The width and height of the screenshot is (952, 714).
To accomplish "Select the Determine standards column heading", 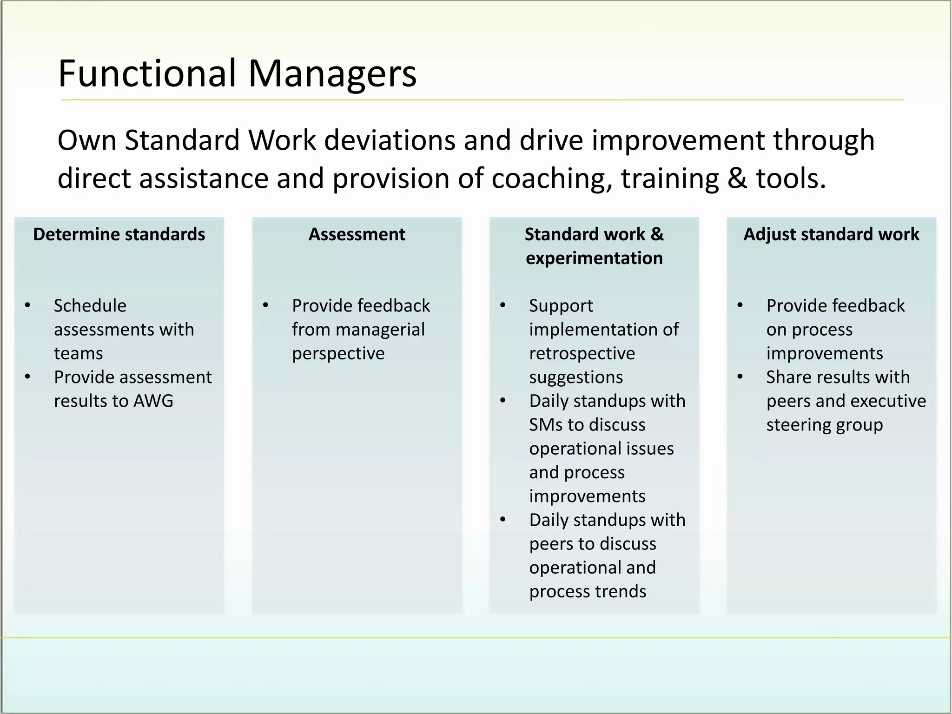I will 119,234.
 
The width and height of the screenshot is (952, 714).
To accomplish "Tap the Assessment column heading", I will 357,234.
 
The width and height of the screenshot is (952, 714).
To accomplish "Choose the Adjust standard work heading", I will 831,234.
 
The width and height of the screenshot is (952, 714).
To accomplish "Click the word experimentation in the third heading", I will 594,258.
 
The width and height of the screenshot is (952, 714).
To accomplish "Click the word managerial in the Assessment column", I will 380,330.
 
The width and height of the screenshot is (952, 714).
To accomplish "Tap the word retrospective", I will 582,353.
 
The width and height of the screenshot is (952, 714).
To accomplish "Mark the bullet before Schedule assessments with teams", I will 27,305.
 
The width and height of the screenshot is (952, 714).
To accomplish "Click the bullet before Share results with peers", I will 740,377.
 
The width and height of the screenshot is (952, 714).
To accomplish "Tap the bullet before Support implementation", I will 502,305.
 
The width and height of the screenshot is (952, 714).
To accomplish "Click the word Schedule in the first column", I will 90,306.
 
